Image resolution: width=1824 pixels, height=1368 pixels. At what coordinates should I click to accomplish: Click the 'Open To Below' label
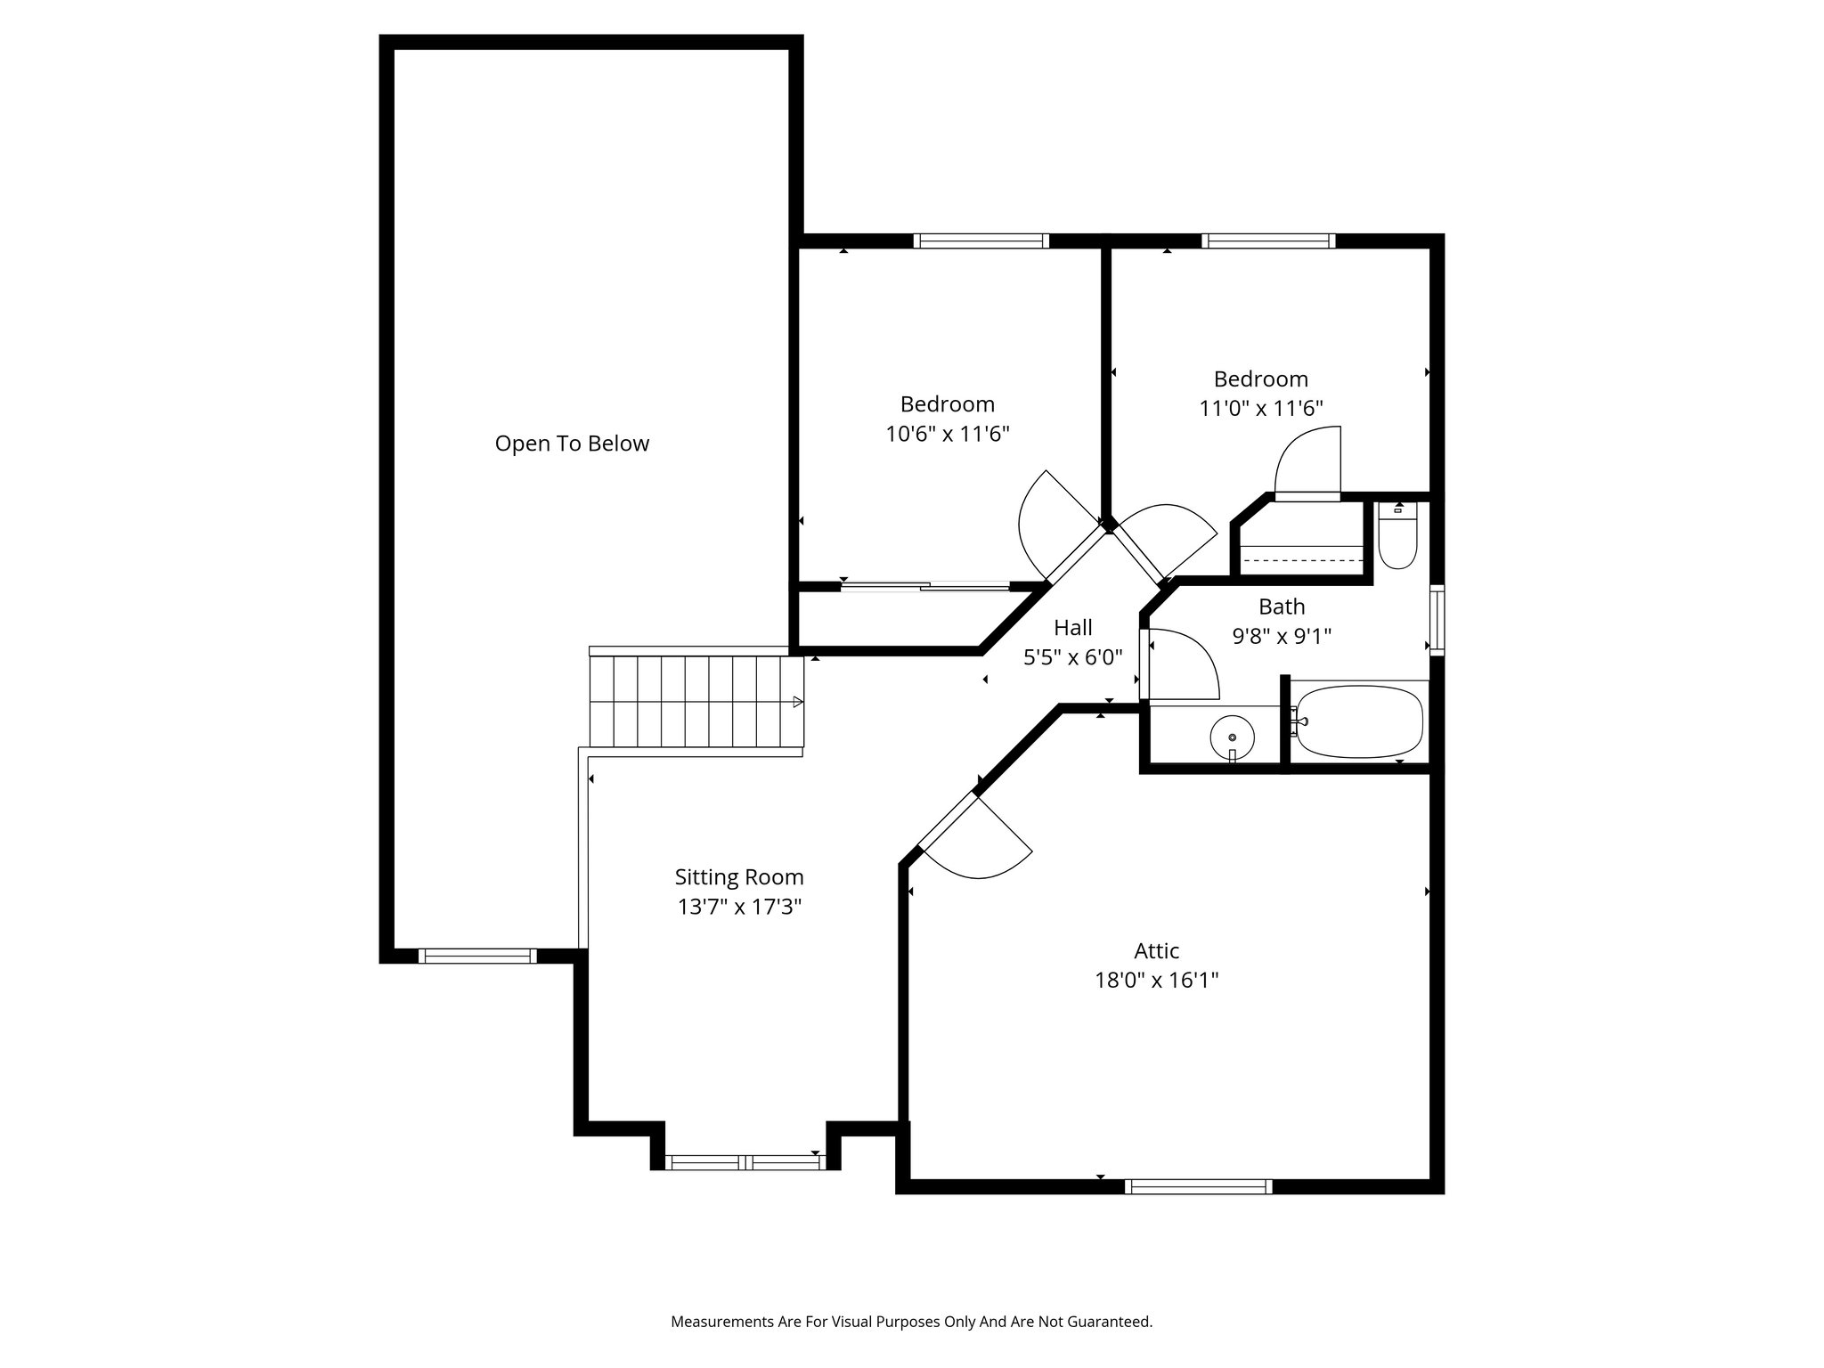[572, 444]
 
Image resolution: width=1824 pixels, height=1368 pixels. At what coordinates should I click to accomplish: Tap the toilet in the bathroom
[1397, 537]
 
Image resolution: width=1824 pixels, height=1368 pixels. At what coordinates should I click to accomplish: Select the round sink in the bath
[1232, 737]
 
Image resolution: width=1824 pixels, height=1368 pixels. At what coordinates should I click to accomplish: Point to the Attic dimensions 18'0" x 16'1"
[1156, 981]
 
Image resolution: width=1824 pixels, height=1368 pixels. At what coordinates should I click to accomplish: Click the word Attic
[1156, 950]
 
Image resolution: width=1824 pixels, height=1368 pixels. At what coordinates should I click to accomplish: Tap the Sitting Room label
[738, 877]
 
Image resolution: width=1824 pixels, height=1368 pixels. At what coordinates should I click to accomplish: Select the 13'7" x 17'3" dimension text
[738, 908]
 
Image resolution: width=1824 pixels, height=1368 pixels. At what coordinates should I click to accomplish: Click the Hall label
[1072, 627]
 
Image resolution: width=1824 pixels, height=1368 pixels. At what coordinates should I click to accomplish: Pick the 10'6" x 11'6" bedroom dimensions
[947, 434]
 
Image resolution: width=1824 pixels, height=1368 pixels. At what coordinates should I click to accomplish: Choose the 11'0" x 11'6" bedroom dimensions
[1260, 409]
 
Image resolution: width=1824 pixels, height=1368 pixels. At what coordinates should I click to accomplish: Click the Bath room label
[1281, 607]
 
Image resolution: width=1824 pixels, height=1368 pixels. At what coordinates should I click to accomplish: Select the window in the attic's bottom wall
[1198, 1186]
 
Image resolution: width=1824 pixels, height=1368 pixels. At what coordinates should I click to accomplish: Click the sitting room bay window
[745, 1162]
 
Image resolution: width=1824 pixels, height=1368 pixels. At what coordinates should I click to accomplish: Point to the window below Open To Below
[477, 957]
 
